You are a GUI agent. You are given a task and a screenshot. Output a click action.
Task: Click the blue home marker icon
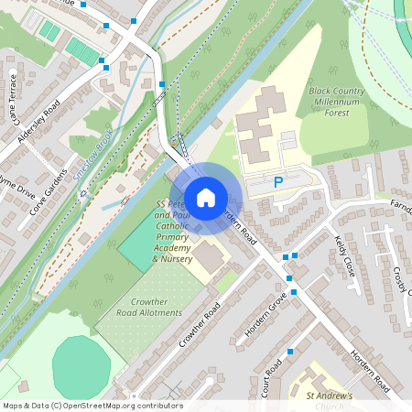(206, 197)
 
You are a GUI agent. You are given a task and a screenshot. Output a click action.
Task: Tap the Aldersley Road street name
(38, 121)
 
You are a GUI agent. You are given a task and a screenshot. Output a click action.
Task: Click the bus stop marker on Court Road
(290, 352)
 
